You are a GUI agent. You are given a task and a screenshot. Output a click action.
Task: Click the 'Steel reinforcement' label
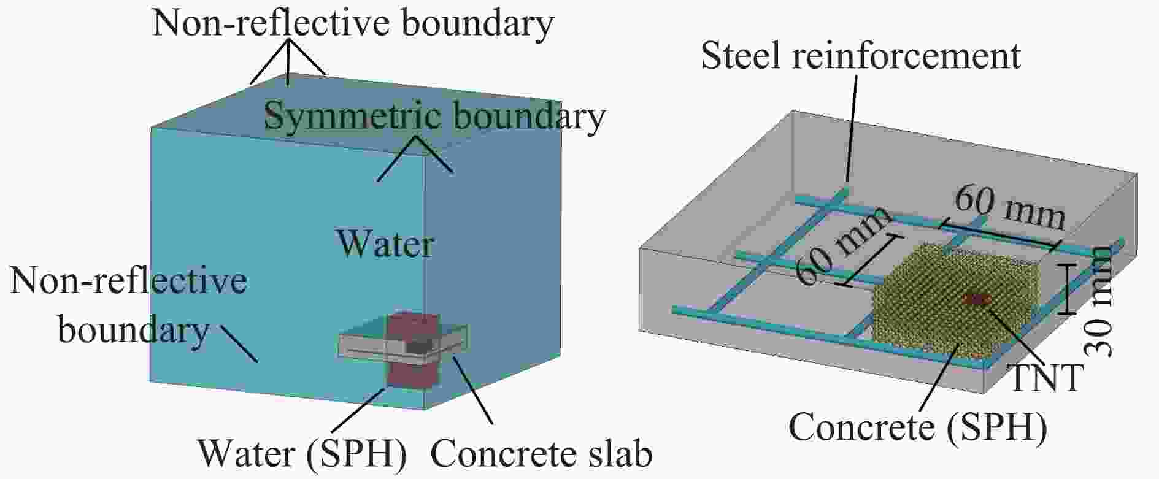860,56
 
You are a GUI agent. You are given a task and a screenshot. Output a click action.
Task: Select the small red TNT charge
976,299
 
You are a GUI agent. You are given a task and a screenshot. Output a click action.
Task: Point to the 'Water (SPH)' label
302,454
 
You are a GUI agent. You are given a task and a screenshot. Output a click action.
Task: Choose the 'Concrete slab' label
541,454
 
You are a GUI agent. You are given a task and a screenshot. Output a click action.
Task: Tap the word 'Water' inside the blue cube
385,243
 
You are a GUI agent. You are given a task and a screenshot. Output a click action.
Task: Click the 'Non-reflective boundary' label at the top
353,23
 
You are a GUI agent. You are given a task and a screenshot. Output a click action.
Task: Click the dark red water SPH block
412,350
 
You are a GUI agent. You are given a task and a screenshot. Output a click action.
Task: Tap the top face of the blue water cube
356,113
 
